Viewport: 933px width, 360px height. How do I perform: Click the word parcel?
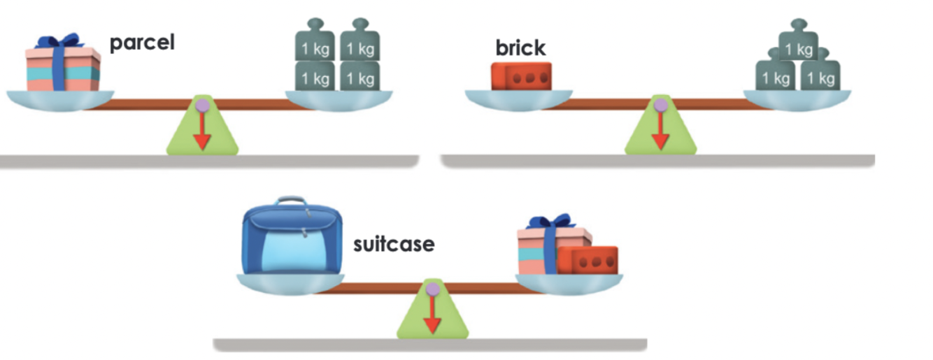[141, 43]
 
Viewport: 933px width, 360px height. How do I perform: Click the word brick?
[520, 48]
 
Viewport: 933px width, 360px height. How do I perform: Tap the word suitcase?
[394, 245]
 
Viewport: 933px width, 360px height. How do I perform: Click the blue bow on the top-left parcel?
[60, 42]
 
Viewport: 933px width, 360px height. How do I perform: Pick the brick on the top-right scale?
[521, 76]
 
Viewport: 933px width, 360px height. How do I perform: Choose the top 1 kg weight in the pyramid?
[798, 48]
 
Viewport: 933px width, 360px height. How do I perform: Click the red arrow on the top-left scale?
[202, 131]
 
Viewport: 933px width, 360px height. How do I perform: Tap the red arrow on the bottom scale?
[432, 314]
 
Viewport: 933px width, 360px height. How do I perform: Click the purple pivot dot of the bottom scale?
[432, 289]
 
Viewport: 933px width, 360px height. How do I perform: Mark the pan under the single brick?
[519, 100]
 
